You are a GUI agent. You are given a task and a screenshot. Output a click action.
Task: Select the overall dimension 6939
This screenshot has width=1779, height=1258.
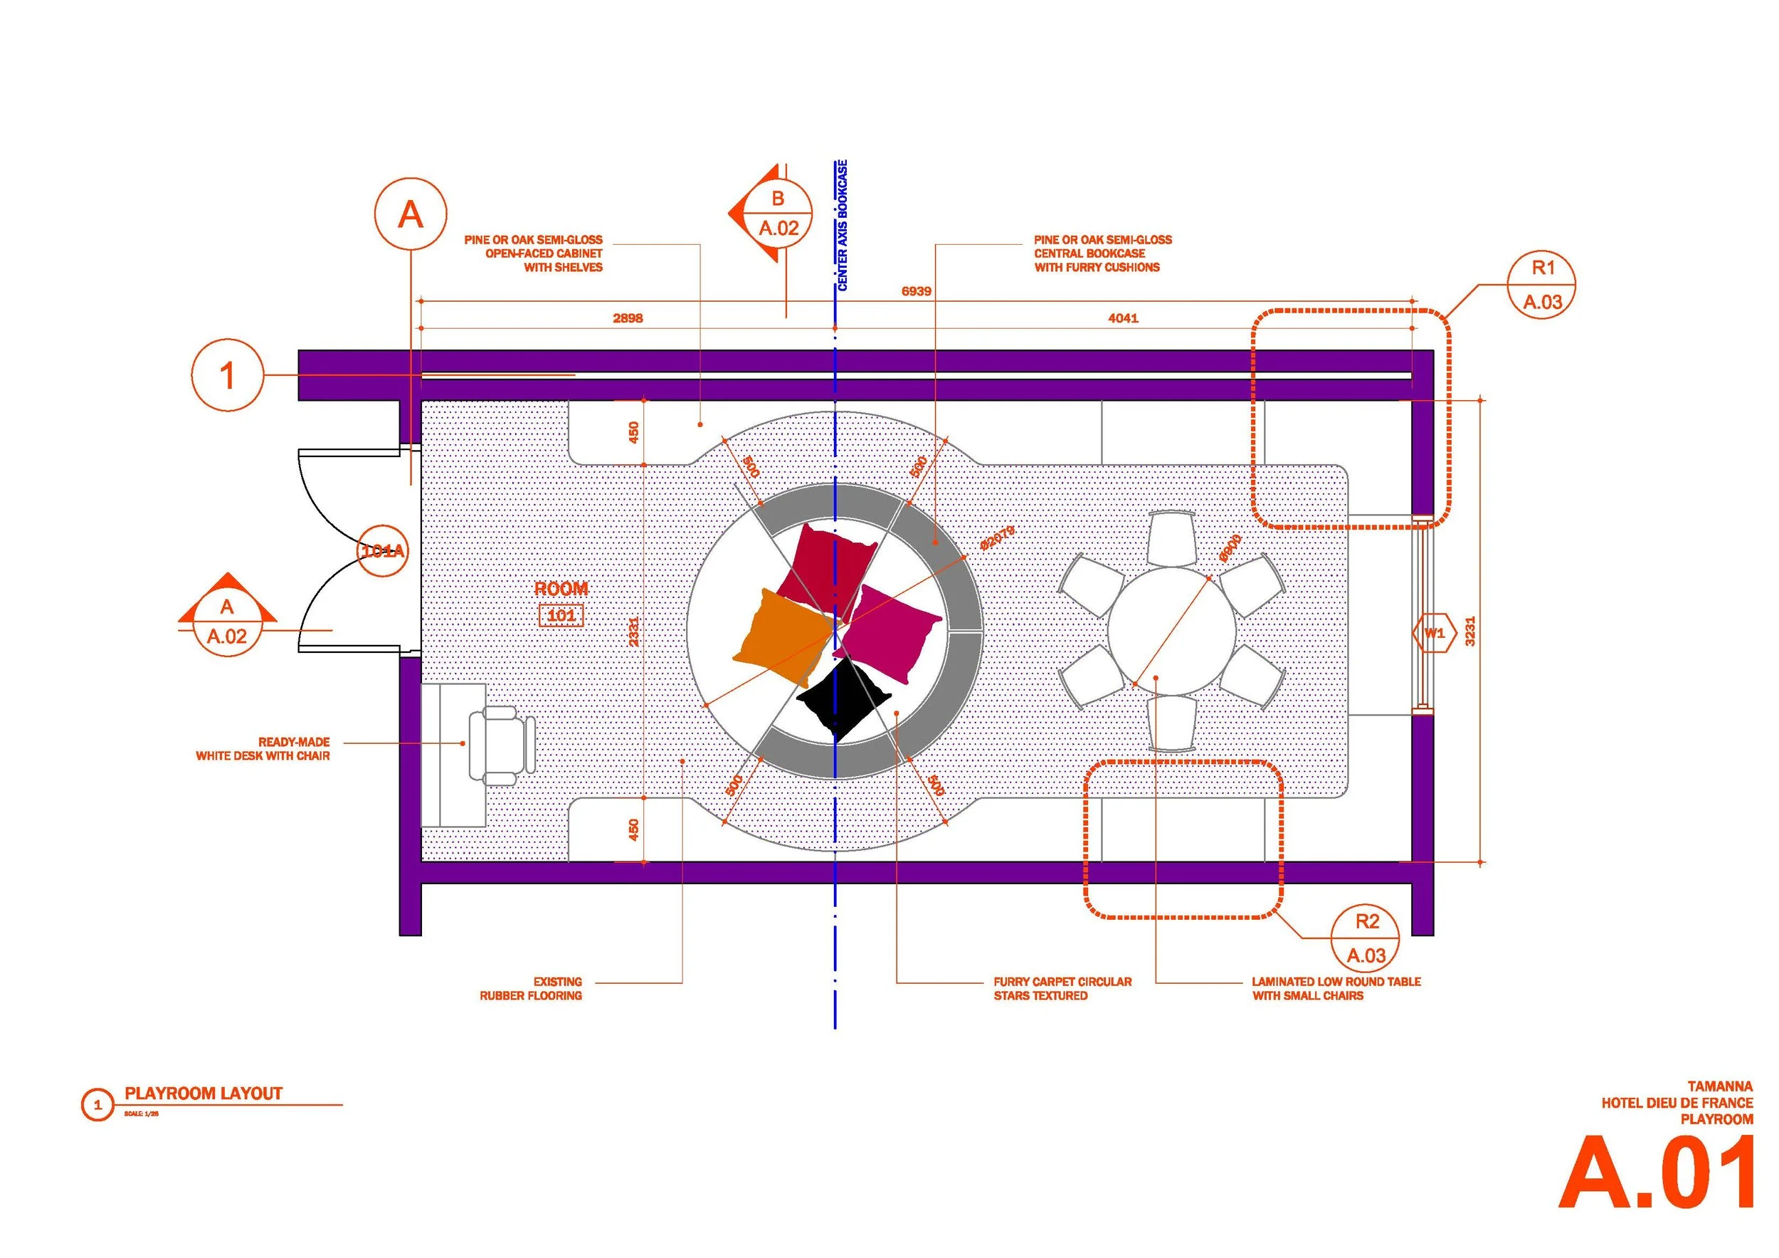[916, 291]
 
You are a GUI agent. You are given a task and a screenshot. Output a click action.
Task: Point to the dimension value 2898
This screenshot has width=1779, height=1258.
[628, 318]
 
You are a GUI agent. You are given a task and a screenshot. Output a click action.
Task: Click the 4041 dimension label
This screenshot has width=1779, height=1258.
[1123, 318]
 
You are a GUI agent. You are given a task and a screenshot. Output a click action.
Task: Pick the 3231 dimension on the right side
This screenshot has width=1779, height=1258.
[1470, 631]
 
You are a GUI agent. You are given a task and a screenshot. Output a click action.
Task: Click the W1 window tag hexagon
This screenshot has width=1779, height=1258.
[1434, 633]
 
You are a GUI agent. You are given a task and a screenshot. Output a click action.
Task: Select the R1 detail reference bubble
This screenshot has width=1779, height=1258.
[1543, 285]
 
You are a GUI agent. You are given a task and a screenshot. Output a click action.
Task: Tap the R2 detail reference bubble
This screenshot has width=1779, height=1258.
[1367, 938]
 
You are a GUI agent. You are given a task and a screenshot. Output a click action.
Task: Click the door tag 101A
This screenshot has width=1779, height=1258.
[384, 551]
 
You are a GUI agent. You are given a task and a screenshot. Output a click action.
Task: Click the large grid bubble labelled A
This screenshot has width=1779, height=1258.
[410, 214]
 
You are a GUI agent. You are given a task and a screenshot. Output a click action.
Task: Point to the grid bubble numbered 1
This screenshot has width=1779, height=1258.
[226, 375]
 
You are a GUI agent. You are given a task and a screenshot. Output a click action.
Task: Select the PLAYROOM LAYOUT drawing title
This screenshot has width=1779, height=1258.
[203, 1094]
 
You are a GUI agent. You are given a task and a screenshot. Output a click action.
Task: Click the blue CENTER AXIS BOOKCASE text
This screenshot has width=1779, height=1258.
[843, 225]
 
